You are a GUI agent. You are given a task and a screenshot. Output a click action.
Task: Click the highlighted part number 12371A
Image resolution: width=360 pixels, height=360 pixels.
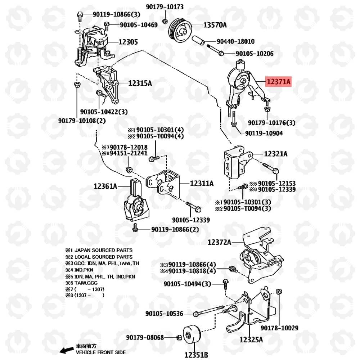tap(278, 81)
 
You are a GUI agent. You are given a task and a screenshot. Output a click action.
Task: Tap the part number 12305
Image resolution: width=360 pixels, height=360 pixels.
tap(128, 42)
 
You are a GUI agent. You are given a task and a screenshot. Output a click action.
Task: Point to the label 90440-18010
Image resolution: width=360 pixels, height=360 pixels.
tap(235, 41)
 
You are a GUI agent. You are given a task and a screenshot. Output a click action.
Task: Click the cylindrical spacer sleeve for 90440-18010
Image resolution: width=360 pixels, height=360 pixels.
tap(198, 40)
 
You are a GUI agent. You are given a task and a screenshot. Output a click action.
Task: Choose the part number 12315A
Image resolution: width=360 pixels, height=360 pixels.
tap(140, 83)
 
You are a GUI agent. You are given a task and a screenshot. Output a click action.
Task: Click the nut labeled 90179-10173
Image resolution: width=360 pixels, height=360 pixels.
tap(165, 21)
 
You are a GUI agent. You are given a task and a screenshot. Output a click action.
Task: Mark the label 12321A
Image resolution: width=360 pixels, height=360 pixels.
tap(275, 154)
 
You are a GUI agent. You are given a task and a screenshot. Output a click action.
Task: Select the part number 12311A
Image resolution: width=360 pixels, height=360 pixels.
tap(202, 183)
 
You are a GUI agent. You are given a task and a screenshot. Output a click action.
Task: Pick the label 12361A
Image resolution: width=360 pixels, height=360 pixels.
tap(105, 186)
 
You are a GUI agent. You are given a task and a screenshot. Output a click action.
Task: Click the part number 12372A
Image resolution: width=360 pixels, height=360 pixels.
tap(219, 242)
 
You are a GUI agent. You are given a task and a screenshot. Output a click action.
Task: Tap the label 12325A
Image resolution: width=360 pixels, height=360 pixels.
tap(251, 339)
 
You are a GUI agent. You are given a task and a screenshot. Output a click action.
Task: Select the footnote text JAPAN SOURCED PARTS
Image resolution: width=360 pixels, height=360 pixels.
tap(103, 250)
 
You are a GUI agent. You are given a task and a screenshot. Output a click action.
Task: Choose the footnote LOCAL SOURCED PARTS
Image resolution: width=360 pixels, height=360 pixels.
tap(103, 257)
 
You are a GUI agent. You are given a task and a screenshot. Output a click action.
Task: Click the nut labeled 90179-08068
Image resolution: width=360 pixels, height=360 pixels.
tap(179, 338)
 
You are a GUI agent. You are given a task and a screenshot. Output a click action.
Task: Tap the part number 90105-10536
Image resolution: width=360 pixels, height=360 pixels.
tap(164, 314)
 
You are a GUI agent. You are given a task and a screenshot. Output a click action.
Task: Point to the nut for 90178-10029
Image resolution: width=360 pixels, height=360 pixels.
tap(279, 292)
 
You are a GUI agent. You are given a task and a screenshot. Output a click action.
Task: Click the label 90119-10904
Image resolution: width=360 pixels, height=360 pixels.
tap(264, 133)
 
